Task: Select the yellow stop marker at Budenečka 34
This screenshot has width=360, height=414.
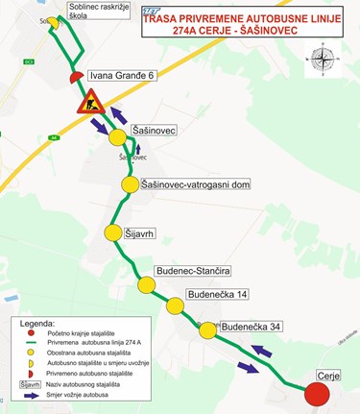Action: click(x=208, y=329)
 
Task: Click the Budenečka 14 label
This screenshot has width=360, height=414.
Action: click(x=218, y=294)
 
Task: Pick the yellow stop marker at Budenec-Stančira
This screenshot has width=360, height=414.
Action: click(x=146, y=284)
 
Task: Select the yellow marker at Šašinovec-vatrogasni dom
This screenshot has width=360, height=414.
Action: click(x=131, y=183)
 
